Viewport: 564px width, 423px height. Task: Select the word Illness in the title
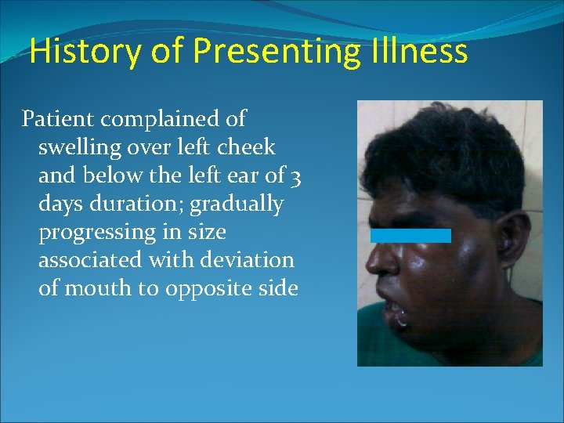click(x=428, y=52)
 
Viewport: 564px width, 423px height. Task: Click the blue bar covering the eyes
click(x=410, y=235)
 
